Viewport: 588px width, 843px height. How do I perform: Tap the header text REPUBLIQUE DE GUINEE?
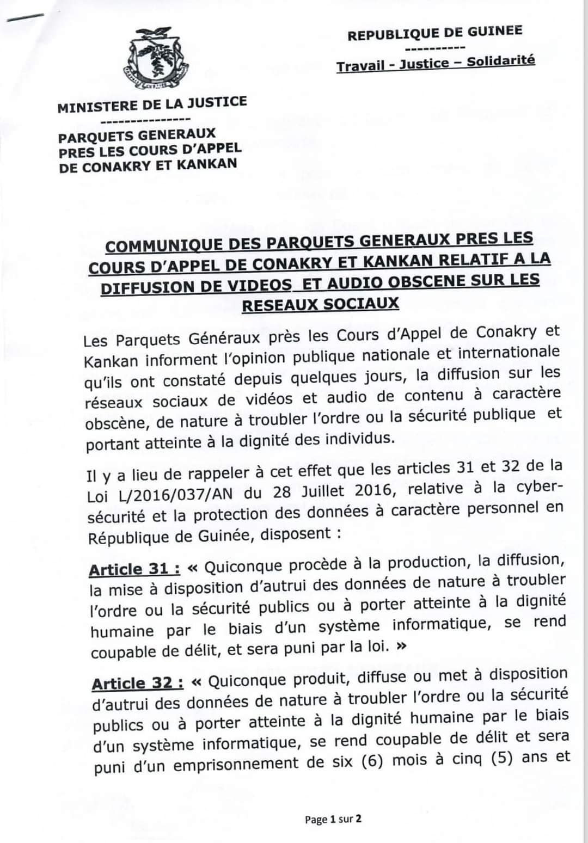pyautogui.click(x=434, y=33)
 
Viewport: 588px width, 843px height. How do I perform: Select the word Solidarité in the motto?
pyautogui.click(x=500, y=60)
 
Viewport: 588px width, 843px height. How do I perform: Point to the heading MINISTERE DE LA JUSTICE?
pyautogui.click(x=152, y=103)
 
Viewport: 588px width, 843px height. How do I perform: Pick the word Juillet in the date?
pyautogui.click(x=322, y=491)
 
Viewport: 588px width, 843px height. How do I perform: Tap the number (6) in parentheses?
pyautogui.click(x=372, y=761)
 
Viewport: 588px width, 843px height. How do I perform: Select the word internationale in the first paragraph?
pyautogui.click(x=509, y=353)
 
